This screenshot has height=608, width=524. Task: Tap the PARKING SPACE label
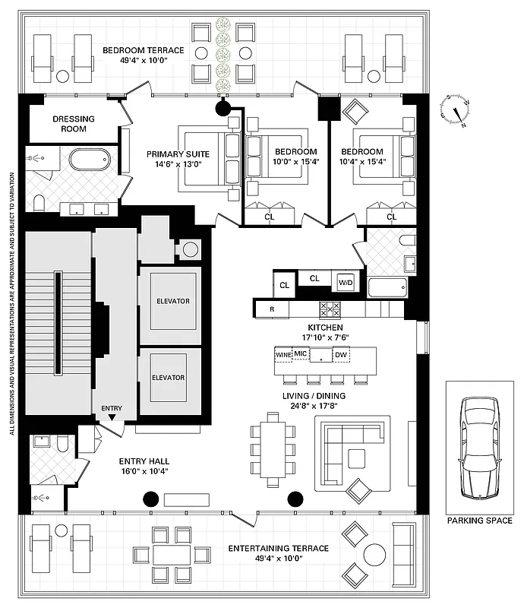pyautogui.click(x=478, y=521)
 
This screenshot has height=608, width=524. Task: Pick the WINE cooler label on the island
pyautogui.click(x=283, y=355)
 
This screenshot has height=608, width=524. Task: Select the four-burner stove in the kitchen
pyautogui.click(x=330, y=309)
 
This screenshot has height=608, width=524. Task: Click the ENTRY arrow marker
pyautogui.click(x=112, y=416)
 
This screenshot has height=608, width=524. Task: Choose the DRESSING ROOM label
pyautogui.click(x=74, y=124)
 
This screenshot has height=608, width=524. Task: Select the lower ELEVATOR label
pyautogui.click(x=169, y=378)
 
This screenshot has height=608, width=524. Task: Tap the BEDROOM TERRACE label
pyautogui.click(x=144, y=51)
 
